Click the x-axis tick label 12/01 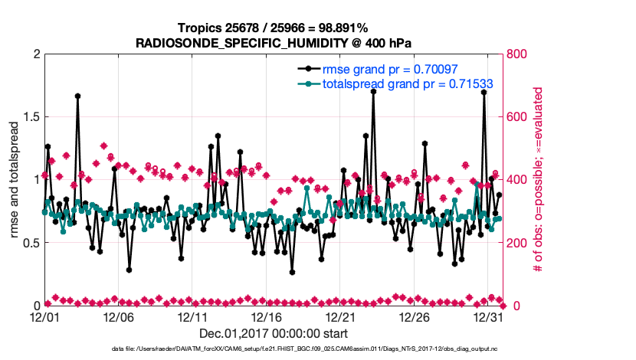pyautogui.click(x=44, y=316)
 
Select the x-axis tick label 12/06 pyautogui.click(x=118, y=316)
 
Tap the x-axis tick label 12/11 pyautogui.click(x=192, y=316)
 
